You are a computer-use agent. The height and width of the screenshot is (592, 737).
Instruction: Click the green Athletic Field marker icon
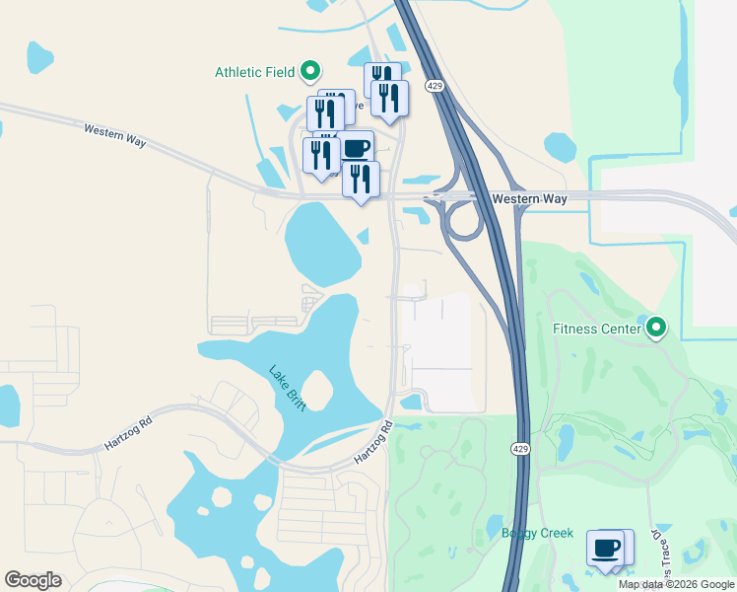click(x=310, y=71)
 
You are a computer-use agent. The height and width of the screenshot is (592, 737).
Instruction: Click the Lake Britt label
click(x=288, y=386)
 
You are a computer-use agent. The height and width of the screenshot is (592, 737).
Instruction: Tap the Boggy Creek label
click(x=537, y=534)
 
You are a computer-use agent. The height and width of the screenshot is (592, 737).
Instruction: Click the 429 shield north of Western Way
click(x=435, y=87)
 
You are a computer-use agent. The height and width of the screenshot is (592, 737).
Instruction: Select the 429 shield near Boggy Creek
click(x=520, y=449)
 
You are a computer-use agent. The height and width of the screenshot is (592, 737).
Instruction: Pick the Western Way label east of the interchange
click(x=530, y=199)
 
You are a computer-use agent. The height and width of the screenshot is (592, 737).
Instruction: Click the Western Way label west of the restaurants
click(x=115, y=135)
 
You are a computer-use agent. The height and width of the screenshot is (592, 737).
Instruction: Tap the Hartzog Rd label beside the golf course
click(x=374, y=443)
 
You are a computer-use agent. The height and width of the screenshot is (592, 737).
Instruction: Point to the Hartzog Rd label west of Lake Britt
click(x=128, y=433)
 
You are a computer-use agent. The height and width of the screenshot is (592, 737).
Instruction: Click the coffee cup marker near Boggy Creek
click(x=605, y=548)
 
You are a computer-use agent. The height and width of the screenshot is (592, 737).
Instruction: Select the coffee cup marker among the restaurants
click(x=356, y=149)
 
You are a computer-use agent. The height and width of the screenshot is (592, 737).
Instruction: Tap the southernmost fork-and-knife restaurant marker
click(x=362, y=180)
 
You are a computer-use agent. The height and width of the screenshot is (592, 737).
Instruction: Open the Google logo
click(x=33, y=580)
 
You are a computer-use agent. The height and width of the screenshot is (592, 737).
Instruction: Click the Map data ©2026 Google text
click(x=676, y=584)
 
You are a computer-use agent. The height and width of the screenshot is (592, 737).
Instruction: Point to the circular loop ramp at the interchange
click(x=463, y=220)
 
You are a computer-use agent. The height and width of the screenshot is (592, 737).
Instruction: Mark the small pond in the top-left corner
click(x=38, y=56)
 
